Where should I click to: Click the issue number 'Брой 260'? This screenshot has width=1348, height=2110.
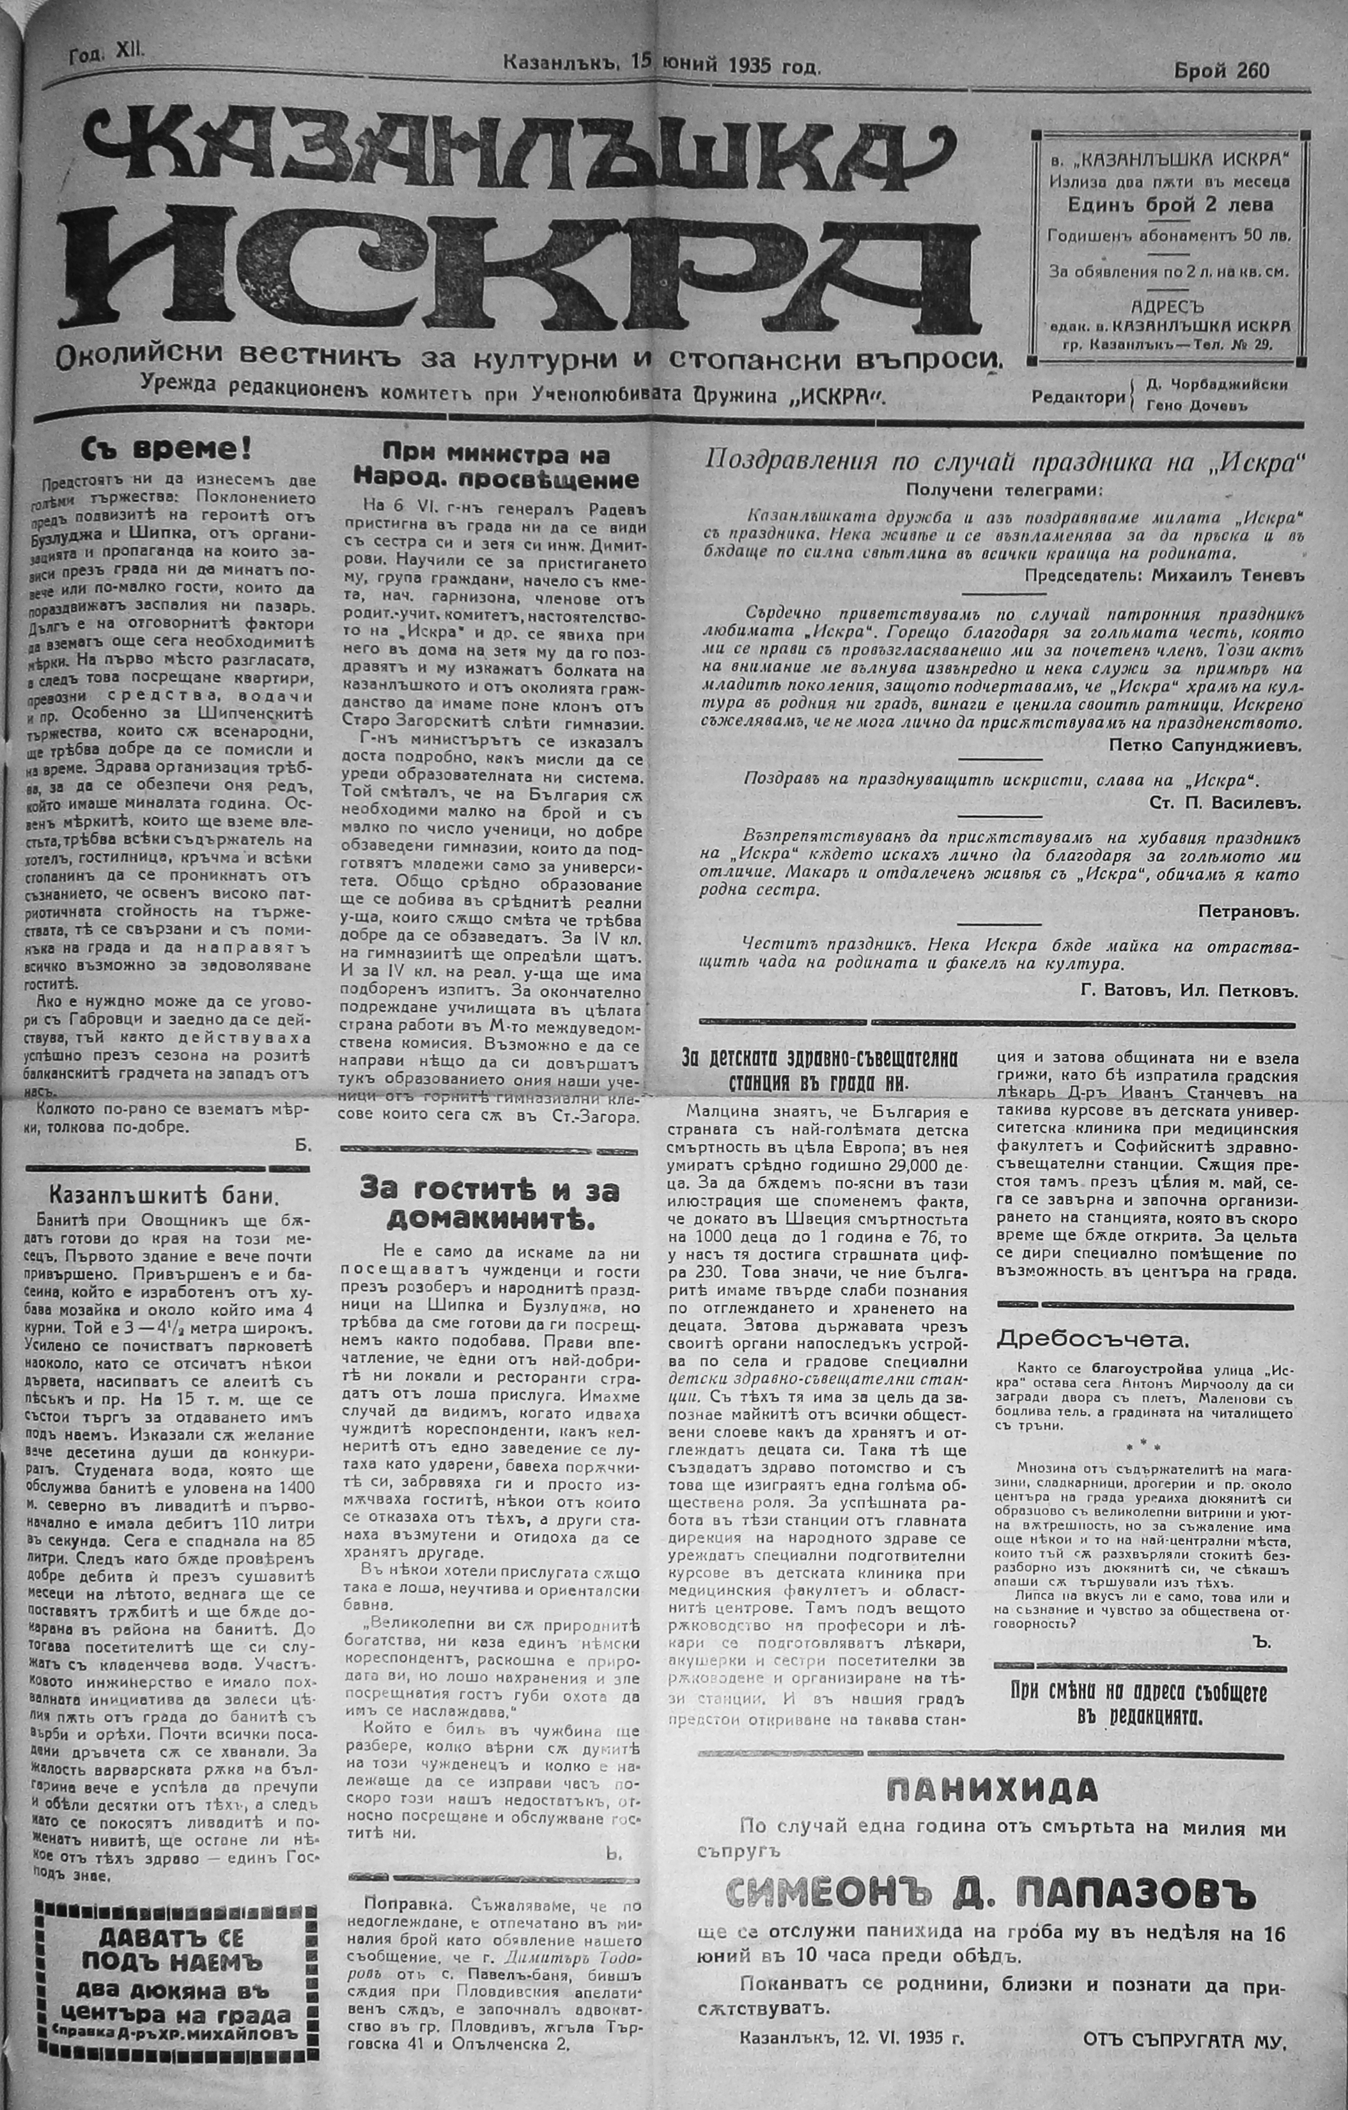pos(1220,71)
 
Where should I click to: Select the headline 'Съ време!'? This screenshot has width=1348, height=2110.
pos(166,449)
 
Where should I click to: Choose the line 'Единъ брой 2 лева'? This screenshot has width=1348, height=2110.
pos(1170,206)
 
